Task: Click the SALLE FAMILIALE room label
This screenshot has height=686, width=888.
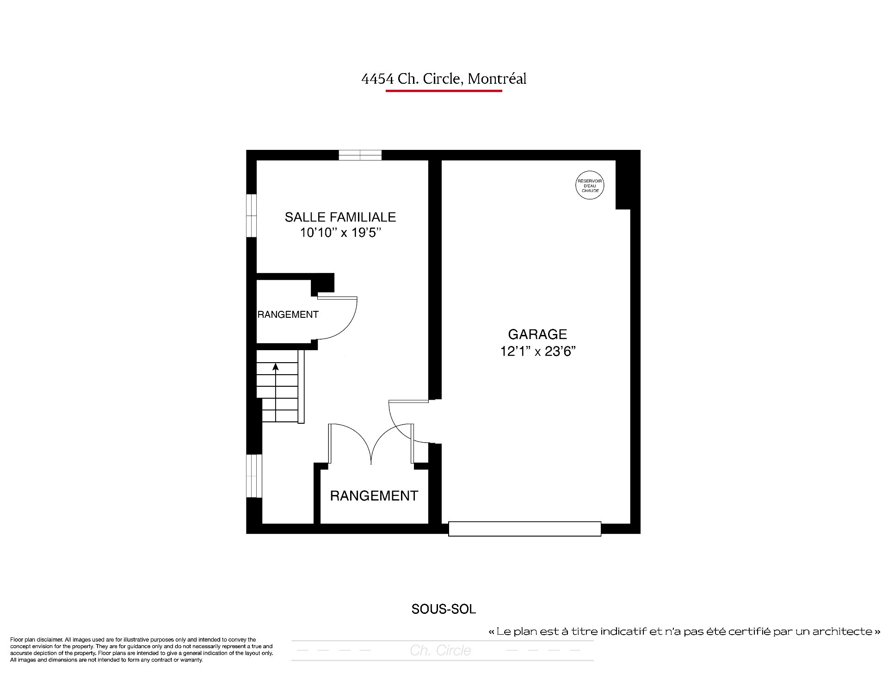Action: pyautogui.click(x=340, y=217)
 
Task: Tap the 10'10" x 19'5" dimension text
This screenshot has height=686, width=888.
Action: pyautogui.click(x=340, y=233)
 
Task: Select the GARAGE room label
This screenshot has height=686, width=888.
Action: pyautogui.click(x=537, y=334)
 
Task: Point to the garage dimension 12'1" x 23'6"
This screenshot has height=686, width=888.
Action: pyautogui.click(x=537, y=352)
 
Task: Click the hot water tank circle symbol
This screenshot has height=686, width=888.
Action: pyautogui.click(x=590, y=185)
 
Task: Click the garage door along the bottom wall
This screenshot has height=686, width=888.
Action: pyautogui.click(x=524, y=529)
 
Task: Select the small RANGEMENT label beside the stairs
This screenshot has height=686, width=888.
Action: pyautogui.click(x=288, y=315)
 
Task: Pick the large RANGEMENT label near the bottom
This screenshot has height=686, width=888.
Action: pyautogui.click(x=374, y=496)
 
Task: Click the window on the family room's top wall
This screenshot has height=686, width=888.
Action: pyautogui.click(x=360, y=155)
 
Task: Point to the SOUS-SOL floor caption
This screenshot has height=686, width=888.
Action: pyautogui.click(x=444, y=609)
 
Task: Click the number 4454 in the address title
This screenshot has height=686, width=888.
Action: pyautogui.click(x=377, y=79)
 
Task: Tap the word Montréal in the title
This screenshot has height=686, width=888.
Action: pyautogui.click(x=497, y=79)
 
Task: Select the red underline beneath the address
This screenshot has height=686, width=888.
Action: pyautogui.click(x=444, y=91)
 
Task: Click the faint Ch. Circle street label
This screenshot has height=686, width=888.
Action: pyautogui.click(x=440, y=650)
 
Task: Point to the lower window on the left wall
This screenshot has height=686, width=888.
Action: pyautogui.click(x=252, y=476)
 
